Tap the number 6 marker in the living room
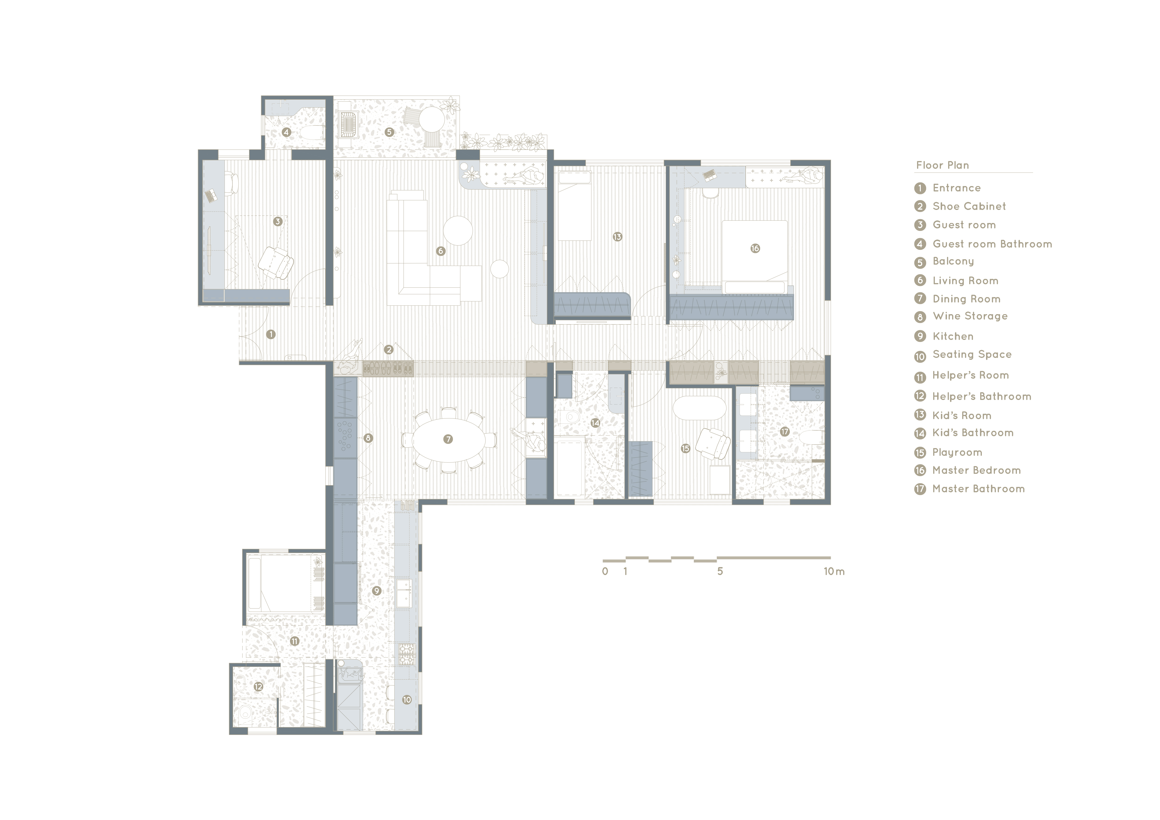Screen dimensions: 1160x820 point(441,251)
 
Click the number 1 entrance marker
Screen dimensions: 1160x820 point(271,334)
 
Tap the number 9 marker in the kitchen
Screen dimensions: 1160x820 point(376,591)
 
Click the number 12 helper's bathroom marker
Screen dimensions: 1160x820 point(258,687)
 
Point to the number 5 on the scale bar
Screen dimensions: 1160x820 point(720,571)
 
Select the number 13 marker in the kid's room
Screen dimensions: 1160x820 point(617,237)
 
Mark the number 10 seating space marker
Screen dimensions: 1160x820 point(407,700)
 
